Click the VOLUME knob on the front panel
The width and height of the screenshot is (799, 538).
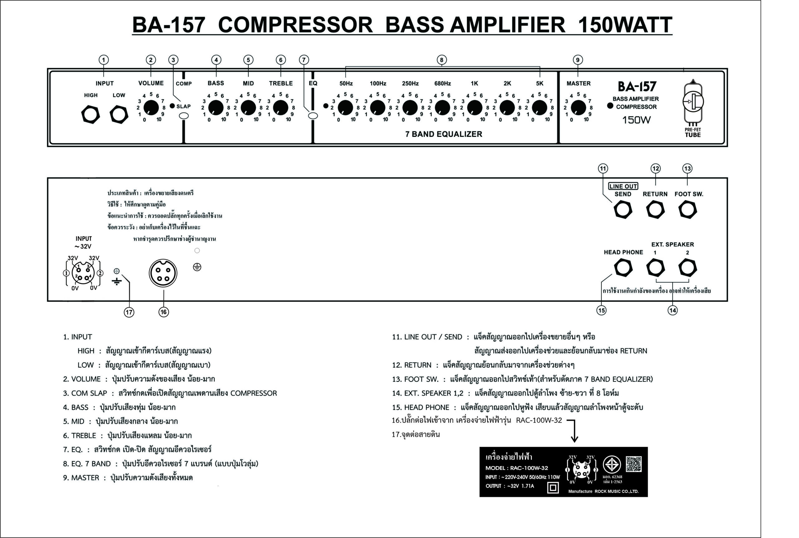151,108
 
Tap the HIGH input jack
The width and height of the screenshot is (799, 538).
91,115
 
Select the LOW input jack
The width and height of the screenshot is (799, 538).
119,115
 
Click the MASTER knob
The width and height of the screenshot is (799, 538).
578,108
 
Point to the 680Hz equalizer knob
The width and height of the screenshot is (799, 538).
442,108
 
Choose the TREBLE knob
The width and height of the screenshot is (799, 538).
280,108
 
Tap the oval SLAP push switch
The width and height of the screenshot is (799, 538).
184,116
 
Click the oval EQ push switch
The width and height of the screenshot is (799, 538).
313,116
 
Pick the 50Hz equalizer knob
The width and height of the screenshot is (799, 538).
345,108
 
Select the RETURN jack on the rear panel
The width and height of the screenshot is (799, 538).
655,210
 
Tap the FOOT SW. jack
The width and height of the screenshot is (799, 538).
688,210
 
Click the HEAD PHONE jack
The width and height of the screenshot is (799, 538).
623,268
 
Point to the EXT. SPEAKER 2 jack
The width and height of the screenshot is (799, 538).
688,268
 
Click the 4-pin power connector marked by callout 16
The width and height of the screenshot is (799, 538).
163,273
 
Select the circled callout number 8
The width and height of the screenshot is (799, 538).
442,60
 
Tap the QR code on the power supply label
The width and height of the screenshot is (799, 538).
634,464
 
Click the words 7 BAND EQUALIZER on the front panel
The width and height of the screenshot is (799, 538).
444,134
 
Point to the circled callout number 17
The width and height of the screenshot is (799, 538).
129,312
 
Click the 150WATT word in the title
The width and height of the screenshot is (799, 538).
625,25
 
